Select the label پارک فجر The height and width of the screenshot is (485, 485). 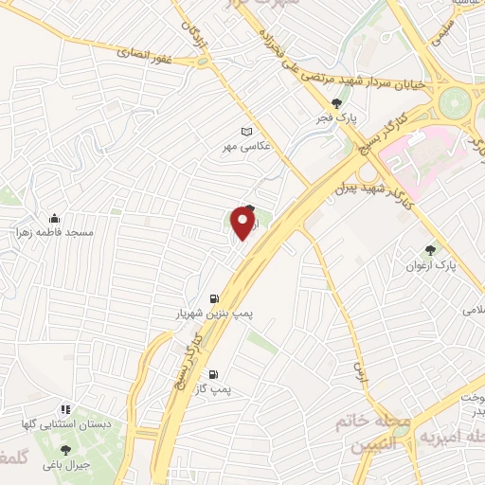(332, 119)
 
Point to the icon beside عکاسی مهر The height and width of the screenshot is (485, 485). (248, 132)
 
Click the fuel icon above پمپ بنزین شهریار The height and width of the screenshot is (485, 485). (213, 296)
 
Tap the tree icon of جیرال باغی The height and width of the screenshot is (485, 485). (65, 450)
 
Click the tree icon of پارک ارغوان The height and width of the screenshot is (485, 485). (433, 251)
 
